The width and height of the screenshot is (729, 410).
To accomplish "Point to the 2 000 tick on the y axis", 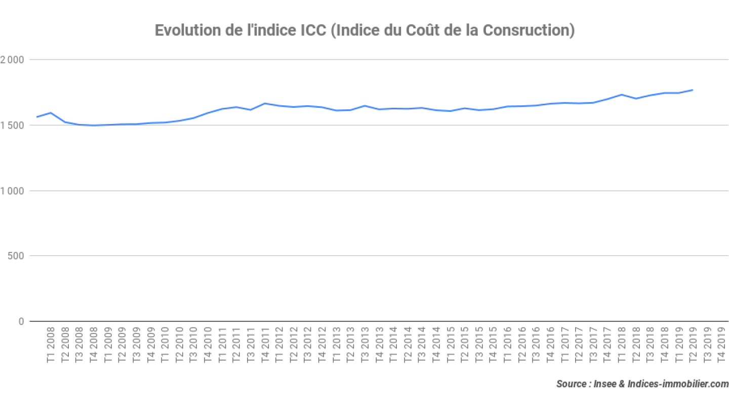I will (x=12, y=60).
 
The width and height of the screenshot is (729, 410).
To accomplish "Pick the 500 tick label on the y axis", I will (x=17, y=256).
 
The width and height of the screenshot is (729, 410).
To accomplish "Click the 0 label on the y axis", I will (x=21, y=321).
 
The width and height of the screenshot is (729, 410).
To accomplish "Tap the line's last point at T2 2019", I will (x=692, y=90).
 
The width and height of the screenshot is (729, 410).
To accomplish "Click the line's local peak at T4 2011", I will (x=265, y=103).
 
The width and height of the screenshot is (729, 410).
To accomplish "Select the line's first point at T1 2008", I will (x=36, y=117).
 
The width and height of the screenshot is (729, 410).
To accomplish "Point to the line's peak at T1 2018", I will (x=621, y=95).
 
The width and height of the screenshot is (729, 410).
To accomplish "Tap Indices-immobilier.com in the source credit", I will (x=678, y=384).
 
